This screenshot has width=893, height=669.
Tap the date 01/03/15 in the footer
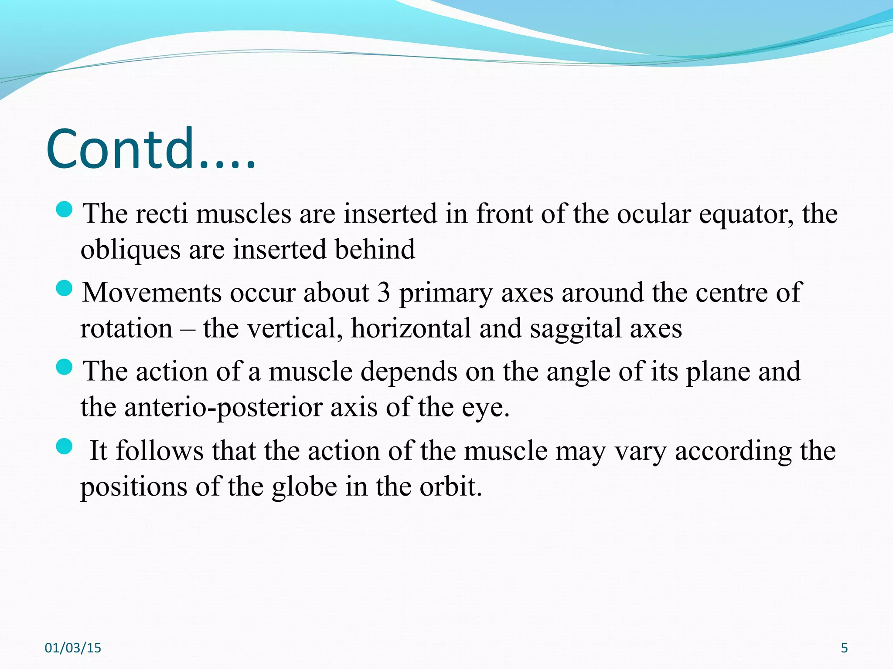[73, 648]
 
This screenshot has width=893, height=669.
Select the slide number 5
[844, 648]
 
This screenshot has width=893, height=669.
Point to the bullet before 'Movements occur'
[65, 288]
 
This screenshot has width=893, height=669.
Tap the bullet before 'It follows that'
[65, 446]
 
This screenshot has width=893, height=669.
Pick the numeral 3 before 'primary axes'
[383, 293]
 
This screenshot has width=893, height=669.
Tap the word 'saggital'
[576, 329]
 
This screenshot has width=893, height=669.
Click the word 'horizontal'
[411, 328]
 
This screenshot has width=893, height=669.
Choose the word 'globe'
[304, 487]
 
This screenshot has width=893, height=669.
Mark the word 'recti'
[161, 214]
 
